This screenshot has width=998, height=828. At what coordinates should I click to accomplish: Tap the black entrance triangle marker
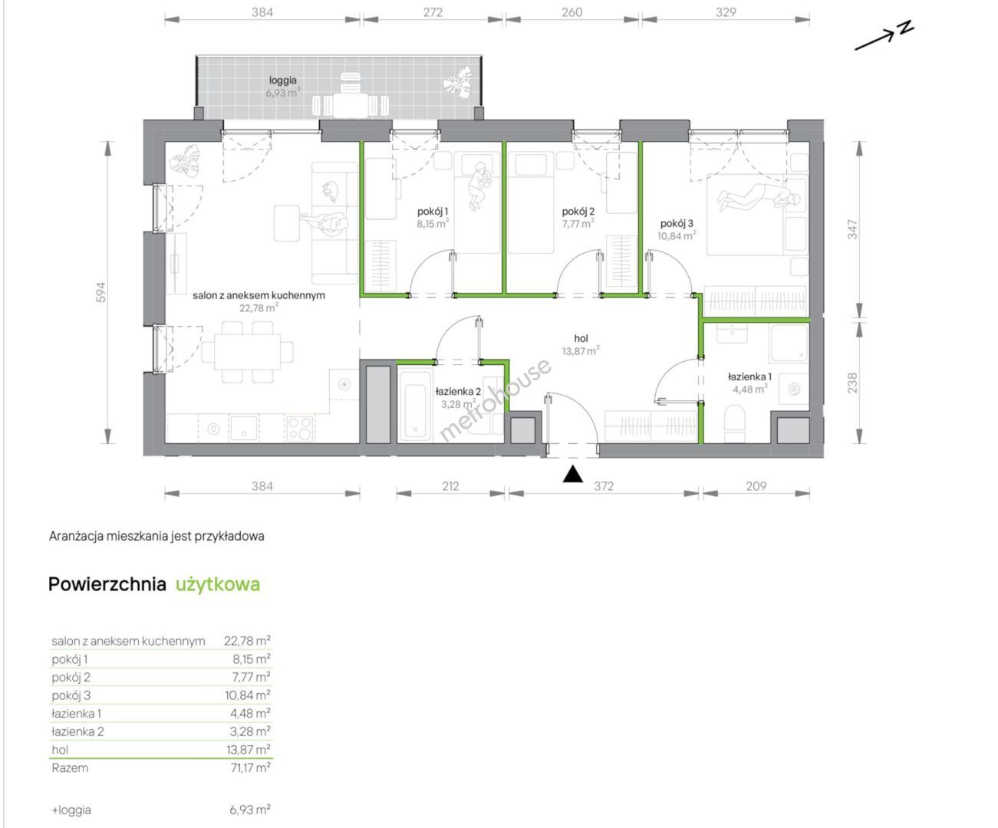coord(572,475)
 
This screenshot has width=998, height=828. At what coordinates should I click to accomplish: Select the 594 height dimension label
coord(100,292)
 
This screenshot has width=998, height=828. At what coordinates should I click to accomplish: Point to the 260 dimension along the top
coord(571,12)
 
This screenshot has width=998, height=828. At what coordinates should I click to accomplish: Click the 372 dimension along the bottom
coord(604,486)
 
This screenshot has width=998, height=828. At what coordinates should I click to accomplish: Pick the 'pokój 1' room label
coord(433,211)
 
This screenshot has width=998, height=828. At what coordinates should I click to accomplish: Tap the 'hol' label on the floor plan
coord(581,338)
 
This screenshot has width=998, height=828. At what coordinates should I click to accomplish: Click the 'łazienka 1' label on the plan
coord(749,376)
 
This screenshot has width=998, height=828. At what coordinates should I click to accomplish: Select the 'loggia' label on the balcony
coord(282,80)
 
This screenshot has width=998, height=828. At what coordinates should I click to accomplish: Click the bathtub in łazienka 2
coord(415,404)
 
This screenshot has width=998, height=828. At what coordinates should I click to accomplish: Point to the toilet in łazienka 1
coord(735,423)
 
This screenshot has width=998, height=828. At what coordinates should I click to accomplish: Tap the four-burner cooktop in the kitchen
coord(300,428)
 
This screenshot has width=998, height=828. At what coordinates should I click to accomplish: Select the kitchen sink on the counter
coord(244,427)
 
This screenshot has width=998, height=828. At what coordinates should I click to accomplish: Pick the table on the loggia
coord(351,104)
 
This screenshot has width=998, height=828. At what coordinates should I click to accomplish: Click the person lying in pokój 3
coord(759,197)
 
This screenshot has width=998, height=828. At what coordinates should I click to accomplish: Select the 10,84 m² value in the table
coord(248,695)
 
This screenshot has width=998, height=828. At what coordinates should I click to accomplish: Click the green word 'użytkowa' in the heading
coord(218,584)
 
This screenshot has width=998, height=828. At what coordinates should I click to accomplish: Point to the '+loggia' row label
coord(71,810)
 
